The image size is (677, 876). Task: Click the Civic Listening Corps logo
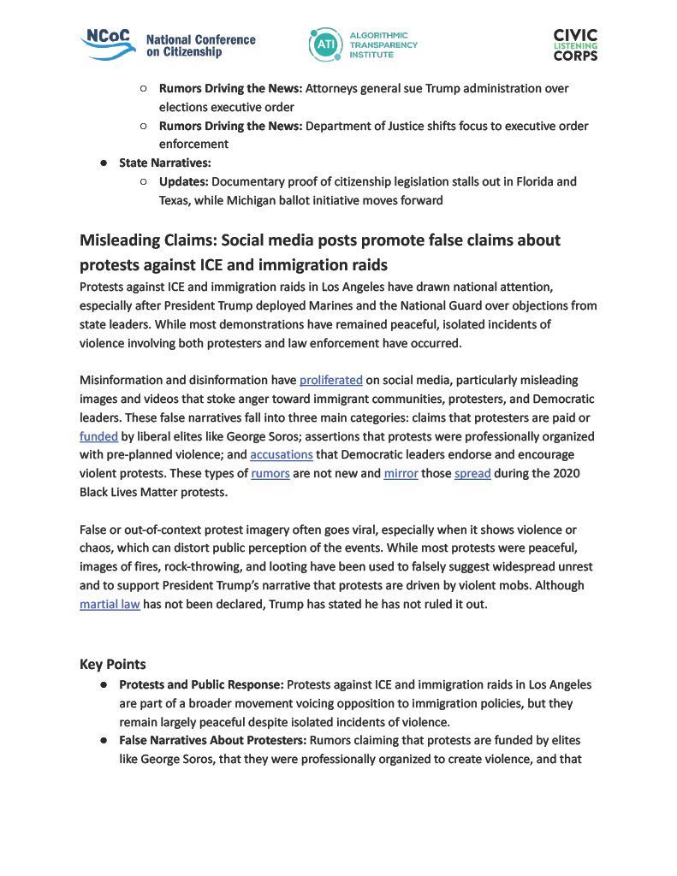click(x=575, y=44)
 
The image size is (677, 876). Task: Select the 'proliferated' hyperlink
click(x=331, y=380)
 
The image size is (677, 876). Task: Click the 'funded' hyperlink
click(x=98, y=436)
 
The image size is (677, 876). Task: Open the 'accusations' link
click(x=282, y=455)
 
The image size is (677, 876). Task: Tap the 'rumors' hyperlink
click(x=270, y=474)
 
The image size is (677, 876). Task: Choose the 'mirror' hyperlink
click(x=401, y=474)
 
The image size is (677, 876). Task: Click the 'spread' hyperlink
click(x=472, y=474)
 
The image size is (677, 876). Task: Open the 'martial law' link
click(x=110, y=605)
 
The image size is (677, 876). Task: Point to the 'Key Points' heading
click(x=113, y=665)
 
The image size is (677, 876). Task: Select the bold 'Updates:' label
click(x=184, y=181)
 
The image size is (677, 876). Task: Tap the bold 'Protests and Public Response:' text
click(x=201, y=684)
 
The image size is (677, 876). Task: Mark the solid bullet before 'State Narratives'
click(x=104, y=163)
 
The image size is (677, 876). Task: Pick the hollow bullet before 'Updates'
click(x=143, y=181)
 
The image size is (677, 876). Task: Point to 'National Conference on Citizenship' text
click(x=200, y=46)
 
